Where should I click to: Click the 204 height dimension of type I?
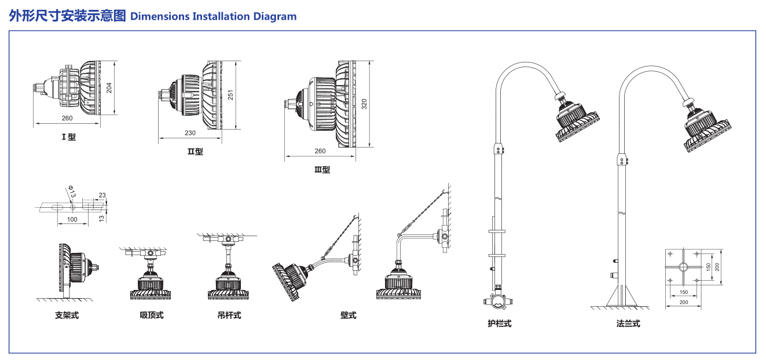[x=109, y=87]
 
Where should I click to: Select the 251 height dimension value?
[x=230, y=94]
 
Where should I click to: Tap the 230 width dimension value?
[x=190, y=133]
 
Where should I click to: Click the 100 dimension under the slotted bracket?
[x=72, y=219]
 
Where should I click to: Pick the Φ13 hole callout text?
[x=72, y=192]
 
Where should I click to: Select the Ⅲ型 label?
[x=322, y=170]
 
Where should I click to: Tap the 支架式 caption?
[x=67, y=315]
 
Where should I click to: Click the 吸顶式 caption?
[x=152, y=315]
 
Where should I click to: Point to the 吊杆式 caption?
[x=229, y=315]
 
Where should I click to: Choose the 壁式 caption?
[x=349, y=315]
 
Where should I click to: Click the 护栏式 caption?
[x=500, y=324]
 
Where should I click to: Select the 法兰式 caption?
[x=628, y=324]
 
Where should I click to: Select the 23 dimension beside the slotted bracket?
[x=102, y=195]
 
